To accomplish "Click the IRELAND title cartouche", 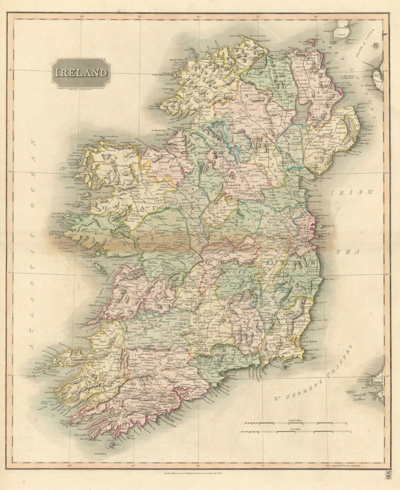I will (x=81, y=73).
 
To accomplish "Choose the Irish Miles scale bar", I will (x=295, y=431).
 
